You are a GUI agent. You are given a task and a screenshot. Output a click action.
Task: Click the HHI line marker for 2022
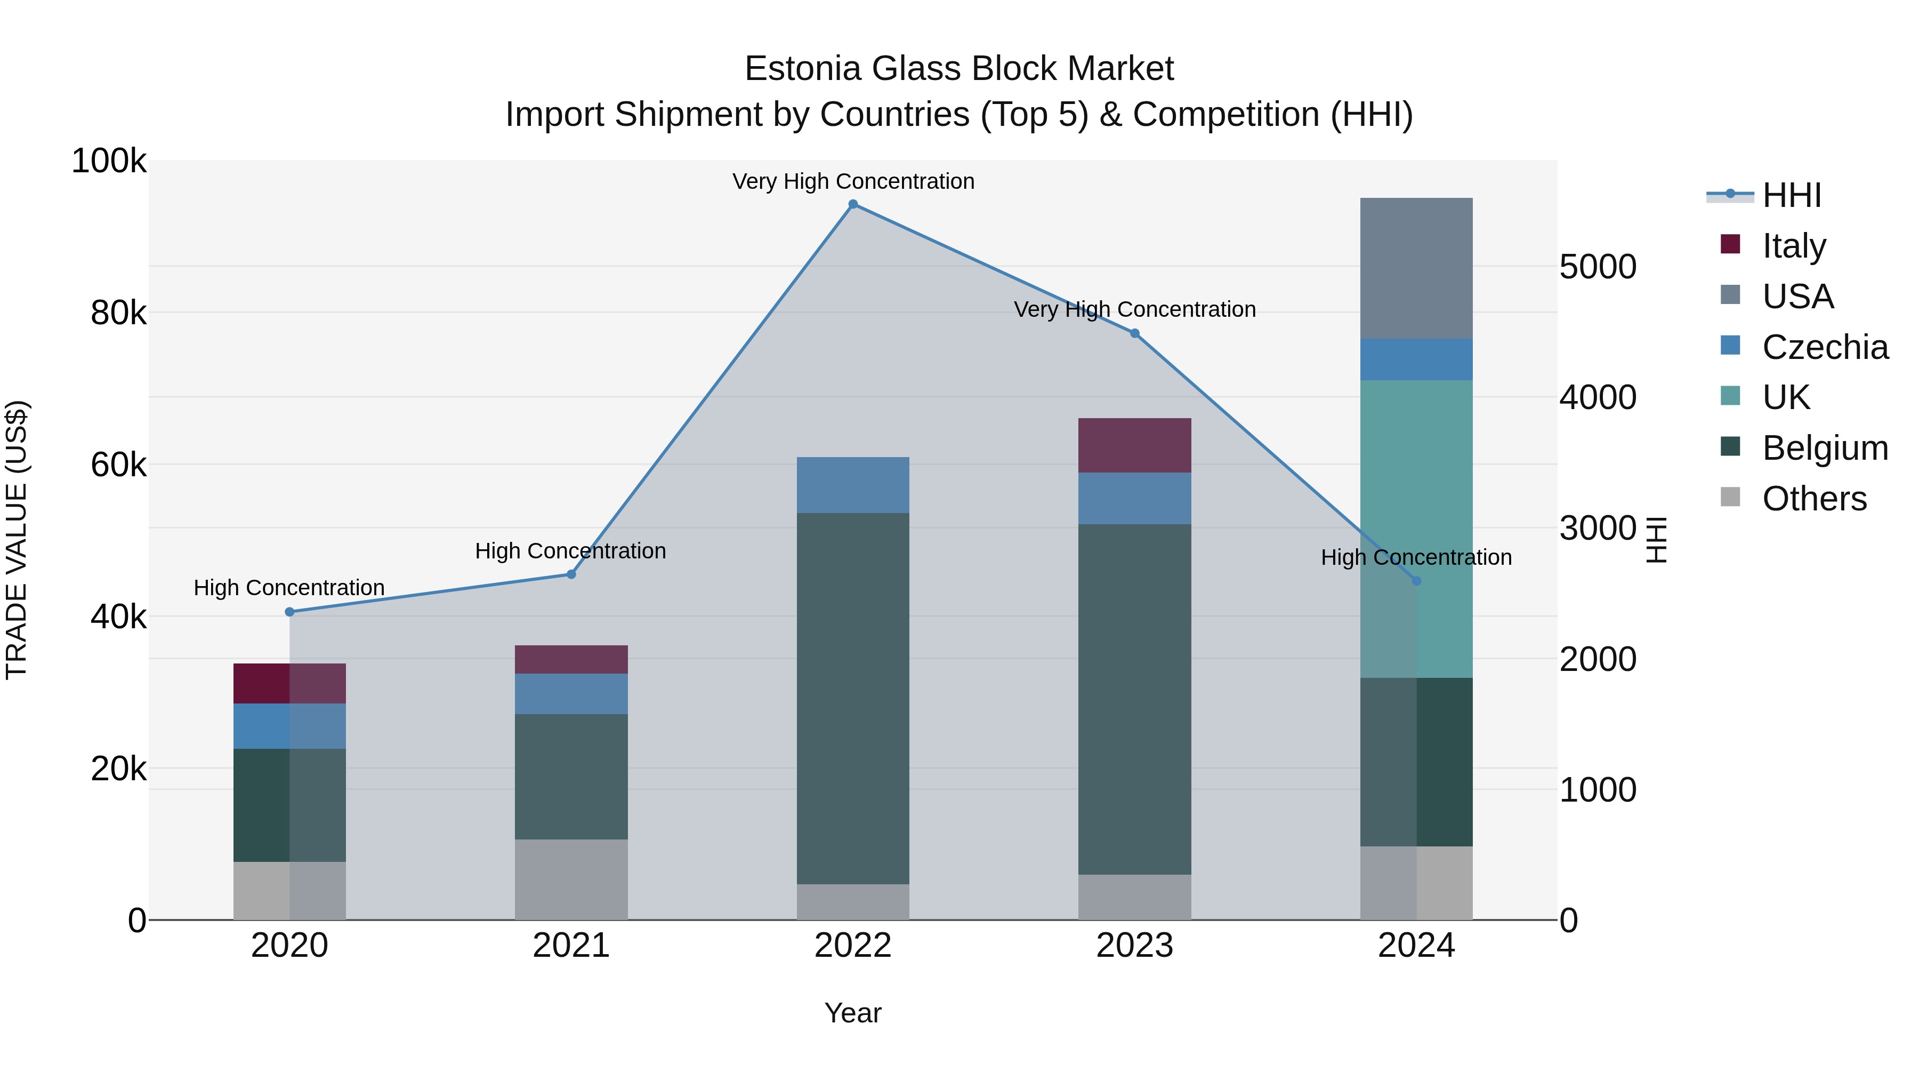click(853, 204)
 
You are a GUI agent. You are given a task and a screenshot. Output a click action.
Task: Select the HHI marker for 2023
click(1134, 333)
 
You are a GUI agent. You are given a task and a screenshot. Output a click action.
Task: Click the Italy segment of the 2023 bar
click(1134, 445)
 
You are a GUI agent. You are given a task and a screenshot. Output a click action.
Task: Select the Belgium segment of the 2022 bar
click(853, 698)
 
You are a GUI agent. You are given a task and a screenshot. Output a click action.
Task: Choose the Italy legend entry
click(1793, 246)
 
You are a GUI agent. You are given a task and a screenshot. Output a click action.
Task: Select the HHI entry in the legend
click(1791, 195)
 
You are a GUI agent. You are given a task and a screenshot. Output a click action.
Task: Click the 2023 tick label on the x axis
click(1134, 946)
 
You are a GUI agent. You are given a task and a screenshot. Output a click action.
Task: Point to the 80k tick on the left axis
click(118, 313)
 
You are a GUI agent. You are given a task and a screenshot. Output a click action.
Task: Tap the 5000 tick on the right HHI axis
click(1598, 267)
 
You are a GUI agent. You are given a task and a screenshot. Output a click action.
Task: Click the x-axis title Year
click(853, 1013)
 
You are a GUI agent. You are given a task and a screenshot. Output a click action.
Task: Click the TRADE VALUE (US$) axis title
click(17, 540)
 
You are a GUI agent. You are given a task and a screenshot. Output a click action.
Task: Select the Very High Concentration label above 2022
click(853, 181)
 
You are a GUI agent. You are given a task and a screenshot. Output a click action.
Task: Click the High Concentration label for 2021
click(570, 551)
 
